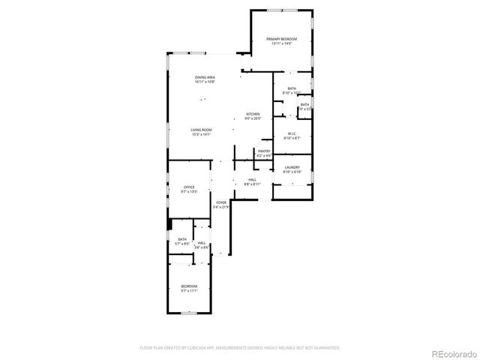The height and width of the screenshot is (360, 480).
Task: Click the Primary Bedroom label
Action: (x=281, y=39)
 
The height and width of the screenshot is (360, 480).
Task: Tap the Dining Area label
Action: (x=205, y=77)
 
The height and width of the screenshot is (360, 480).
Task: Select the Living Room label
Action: (x=200, y=130)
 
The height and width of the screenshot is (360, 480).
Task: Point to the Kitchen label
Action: (x=253, y=114)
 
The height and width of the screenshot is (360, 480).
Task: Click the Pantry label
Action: (x=264, y=151)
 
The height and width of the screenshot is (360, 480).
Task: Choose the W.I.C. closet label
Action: (x=292, y=134)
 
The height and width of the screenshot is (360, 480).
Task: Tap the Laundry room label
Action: (x=292, y=167)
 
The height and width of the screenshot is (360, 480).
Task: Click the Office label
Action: (x=189, y=187)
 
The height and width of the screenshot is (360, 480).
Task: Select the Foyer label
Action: (x=221, y=202)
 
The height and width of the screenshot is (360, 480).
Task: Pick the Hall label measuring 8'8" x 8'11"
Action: (x=253, y=179)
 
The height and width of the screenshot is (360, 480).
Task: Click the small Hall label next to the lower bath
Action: (x=202, y=243)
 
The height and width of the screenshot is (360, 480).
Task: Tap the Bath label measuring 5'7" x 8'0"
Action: (x=182, y=239)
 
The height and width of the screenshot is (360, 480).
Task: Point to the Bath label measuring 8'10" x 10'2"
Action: (x=291, y=88)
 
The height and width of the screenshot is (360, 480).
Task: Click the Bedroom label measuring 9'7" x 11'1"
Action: (x=189, y=286)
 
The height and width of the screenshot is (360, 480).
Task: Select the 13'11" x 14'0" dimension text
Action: (x=281, y=43)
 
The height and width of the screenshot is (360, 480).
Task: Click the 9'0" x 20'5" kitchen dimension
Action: (x=253, y=118)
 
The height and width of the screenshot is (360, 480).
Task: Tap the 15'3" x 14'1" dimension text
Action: (x=200, y=134)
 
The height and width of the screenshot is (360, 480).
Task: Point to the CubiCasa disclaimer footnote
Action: (x=240, y=347)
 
